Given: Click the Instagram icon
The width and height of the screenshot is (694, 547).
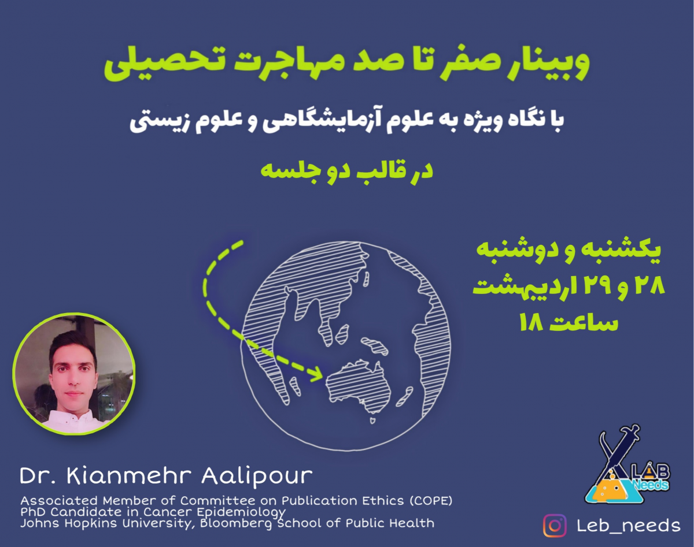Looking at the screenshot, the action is click(555, 526).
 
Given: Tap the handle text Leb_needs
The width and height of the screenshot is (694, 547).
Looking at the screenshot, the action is click(629, 526).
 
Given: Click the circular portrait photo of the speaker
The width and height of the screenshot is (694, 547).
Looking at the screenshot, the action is click(74, 374).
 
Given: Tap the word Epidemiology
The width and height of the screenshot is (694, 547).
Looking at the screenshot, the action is click(241, 512).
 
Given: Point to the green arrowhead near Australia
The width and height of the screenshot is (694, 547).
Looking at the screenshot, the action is click(317, 374).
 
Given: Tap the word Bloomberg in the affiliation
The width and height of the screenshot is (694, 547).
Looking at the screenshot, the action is click(236, 524).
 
